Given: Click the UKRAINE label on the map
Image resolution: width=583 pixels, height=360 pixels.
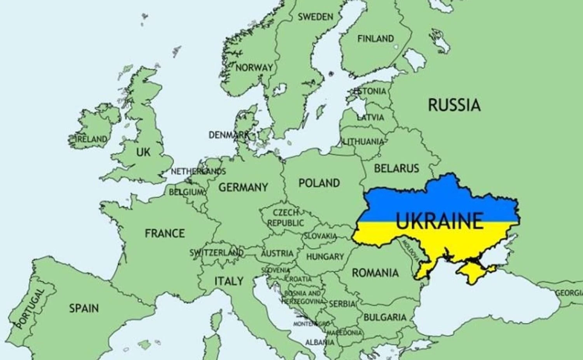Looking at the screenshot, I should point(440,220).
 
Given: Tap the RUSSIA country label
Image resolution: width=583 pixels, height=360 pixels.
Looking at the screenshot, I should point(454,105).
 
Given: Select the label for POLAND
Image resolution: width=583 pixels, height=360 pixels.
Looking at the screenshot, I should point(319,183).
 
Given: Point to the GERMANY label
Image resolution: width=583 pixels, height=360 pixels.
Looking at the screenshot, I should point(243,187).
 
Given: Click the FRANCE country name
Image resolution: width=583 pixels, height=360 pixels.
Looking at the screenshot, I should point(165,233).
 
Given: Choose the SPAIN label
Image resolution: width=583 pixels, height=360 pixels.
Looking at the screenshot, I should point(84,308).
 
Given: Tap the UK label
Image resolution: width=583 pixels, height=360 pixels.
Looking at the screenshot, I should point(143,152).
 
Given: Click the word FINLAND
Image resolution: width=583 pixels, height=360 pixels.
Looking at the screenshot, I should point(375,38).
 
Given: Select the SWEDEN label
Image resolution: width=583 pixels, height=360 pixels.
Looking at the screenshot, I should point(316,17).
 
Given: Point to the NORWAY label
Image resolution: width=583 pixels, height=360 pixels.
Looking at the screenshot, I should point(254,67).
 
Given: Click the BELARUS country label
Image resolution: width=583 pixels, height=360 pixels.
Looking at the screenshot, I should point(396,168).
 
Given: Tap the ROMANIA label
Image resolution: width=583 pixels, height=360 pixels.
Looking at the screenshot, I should point(375,273).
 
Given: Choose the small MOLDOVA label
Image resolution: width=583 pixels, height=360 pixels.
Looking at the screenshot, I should point(410,250).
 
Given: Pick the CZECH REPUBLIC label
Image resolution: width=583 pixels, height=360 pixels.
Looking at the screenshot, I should point(286,218).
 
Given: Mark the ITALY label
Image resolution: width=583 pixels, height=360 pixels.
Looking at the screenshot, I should point(229,281).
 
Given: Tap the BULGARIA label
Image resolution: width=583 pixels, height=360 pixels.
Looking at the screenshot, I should point(385,317).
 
